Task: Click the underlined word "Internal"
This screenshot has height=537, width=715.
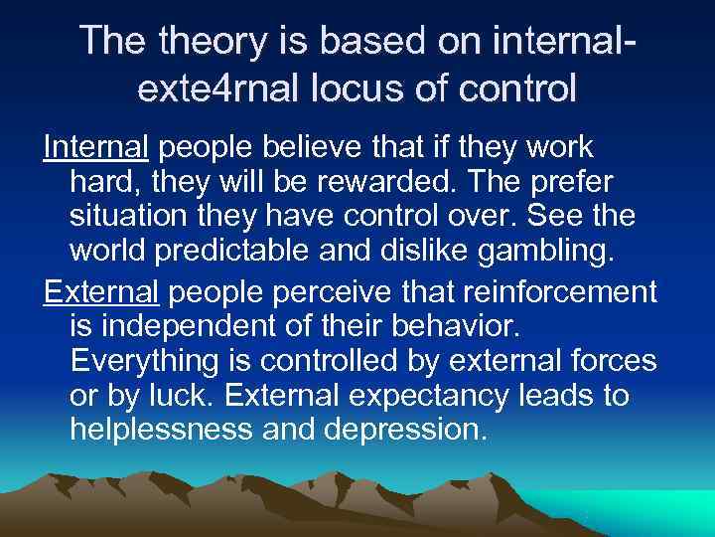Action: coord(95,148)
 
